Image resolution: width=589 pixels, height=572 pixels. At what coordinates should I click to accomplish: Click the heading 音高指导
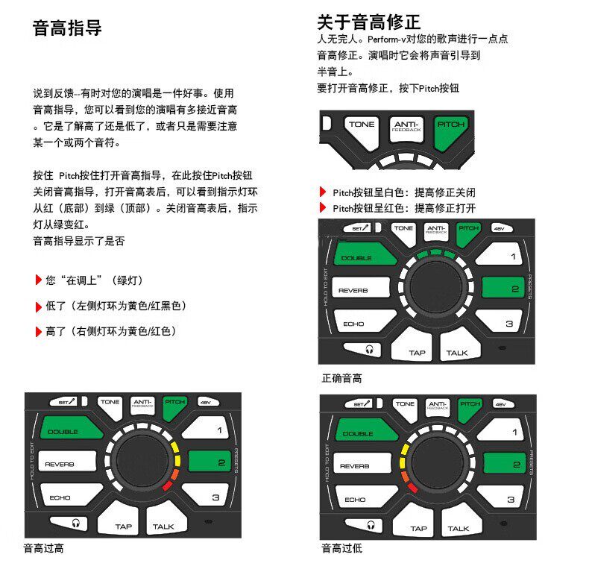[68, 29]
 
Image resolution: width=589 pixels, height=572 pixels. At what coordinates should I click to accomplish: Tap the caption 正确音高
[341, 379]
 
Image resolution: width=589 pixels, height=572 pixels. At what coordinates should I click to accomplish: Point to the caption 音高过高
[43, 549]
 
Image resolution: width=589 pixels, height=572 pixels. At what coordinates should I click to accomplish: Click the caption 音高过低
[341, 549]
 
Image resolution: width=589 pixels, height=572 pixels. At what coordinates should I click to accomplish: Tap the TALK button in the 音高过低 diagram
[458, 527]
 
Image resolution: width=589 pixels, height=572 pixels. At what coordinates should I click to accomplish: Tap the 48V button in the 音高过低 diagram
[500, 403]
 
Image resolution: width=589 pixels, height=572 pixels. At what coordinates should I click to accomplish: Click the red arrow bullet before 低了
[38, 307]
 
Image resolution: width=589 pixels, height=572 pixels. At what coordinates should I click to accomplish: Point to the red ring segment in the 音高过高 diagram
[166, 485]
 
